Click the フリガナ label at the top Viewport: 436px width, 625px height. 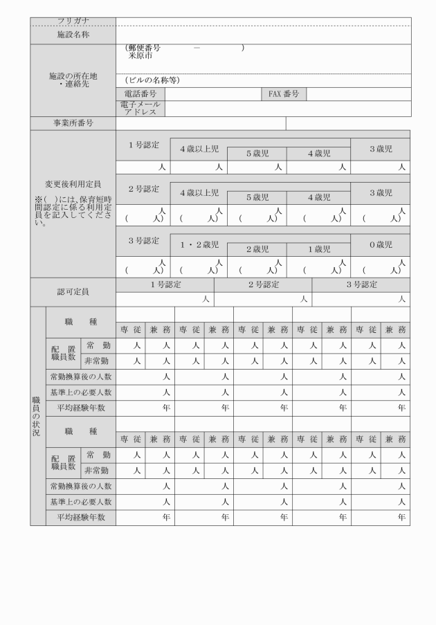point(73,21)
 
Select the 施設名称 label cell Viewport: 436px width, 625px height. point(73,33)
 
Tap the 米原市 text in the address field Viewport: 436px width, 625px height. point(140,55)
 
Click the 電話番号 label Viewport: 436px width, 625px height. point(140,94)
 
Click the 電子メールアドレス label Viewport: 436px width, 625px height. point(140,107)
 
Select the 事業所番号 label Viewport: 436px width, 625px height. point(73,123)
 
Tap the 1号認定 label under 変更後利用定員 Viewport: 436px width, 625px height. point(143,145)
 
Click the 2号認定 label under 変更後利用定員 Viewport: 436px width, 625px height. point(143,188)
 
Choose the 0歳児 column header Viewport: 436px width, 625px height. point(380,244)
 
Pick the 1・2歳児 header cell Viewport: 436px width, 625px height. point(199,244)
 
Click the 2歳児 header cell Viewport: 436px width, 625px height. point(257,249)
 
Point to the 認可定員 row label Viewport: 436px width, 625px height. point(73,292)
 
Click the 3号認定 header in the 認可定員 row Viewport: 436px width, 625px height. point(361,284)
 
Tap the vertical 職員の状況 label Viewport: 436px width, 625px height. point(37,415)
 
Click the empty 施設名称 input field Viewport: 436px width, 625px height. point(262,33)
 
